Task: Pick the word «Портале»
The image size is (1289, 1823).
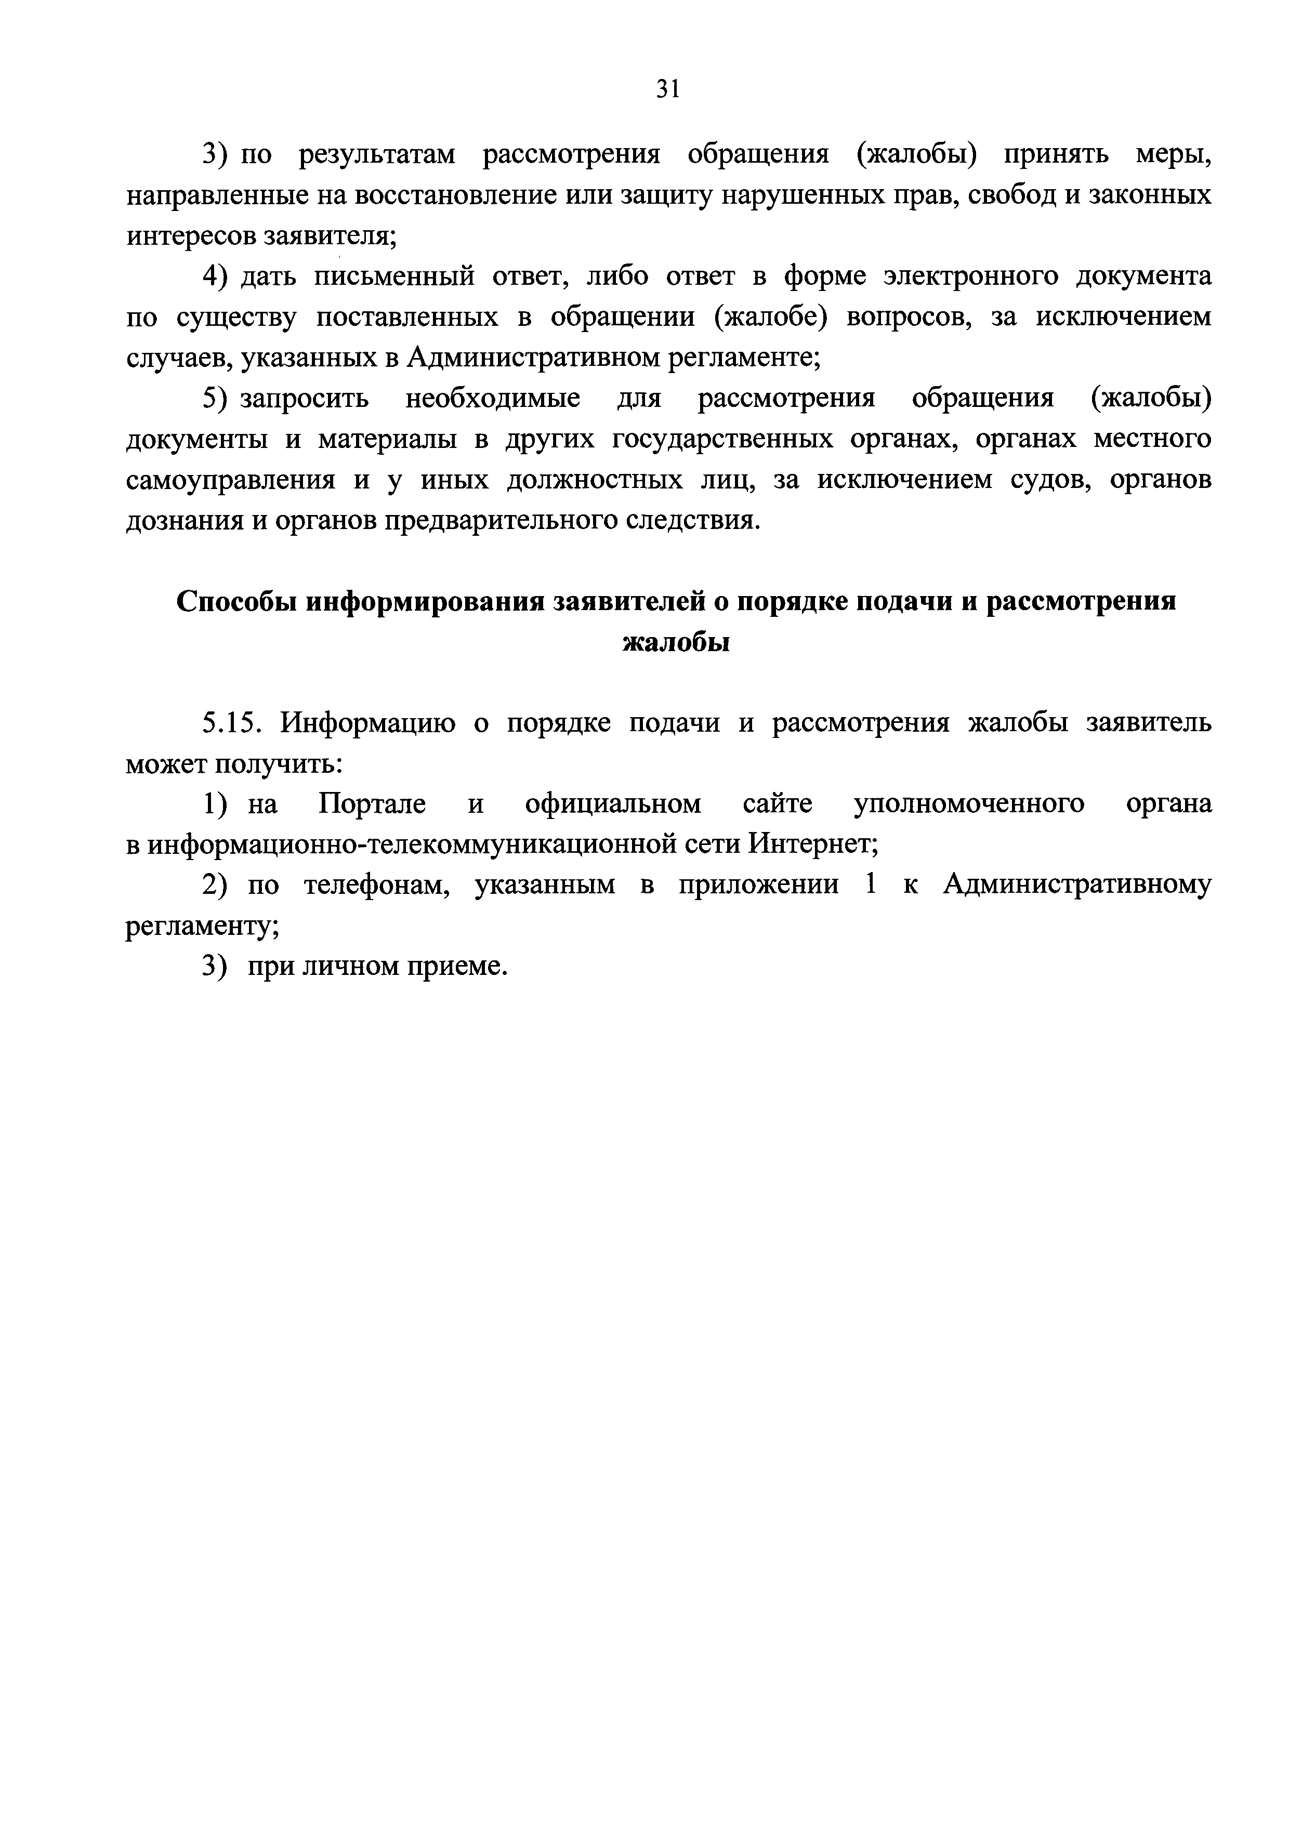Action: click(371, 804)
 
